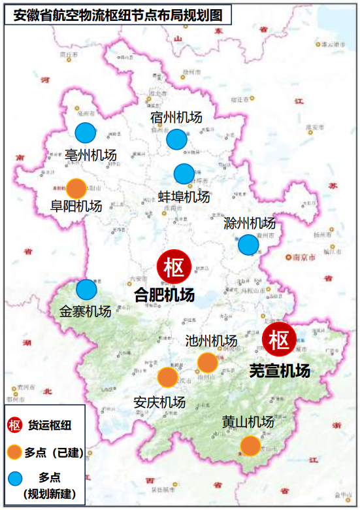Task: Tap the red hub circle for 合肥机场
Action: click(174, 267)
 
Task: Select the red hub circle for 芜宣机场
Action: click(280, 339)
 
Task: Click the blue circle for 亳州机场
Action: click(86, 133)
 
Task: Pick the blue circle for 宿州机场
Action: click(176, 139)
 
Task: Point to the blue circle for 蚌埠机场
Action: click(184, 174)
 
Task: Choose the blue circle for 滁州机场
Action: click(248, 245)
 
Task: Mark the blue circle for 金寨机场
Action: click(87, 289)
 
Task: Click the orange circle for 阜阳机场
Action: click(76, 188)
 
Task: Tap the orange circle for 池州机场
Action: click(207, 362)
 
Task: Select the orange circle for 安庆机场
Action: click(167, 377)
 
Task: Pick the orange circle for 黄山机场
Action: click(250, 446)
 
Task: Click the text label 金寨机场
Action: click(86, 311)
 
